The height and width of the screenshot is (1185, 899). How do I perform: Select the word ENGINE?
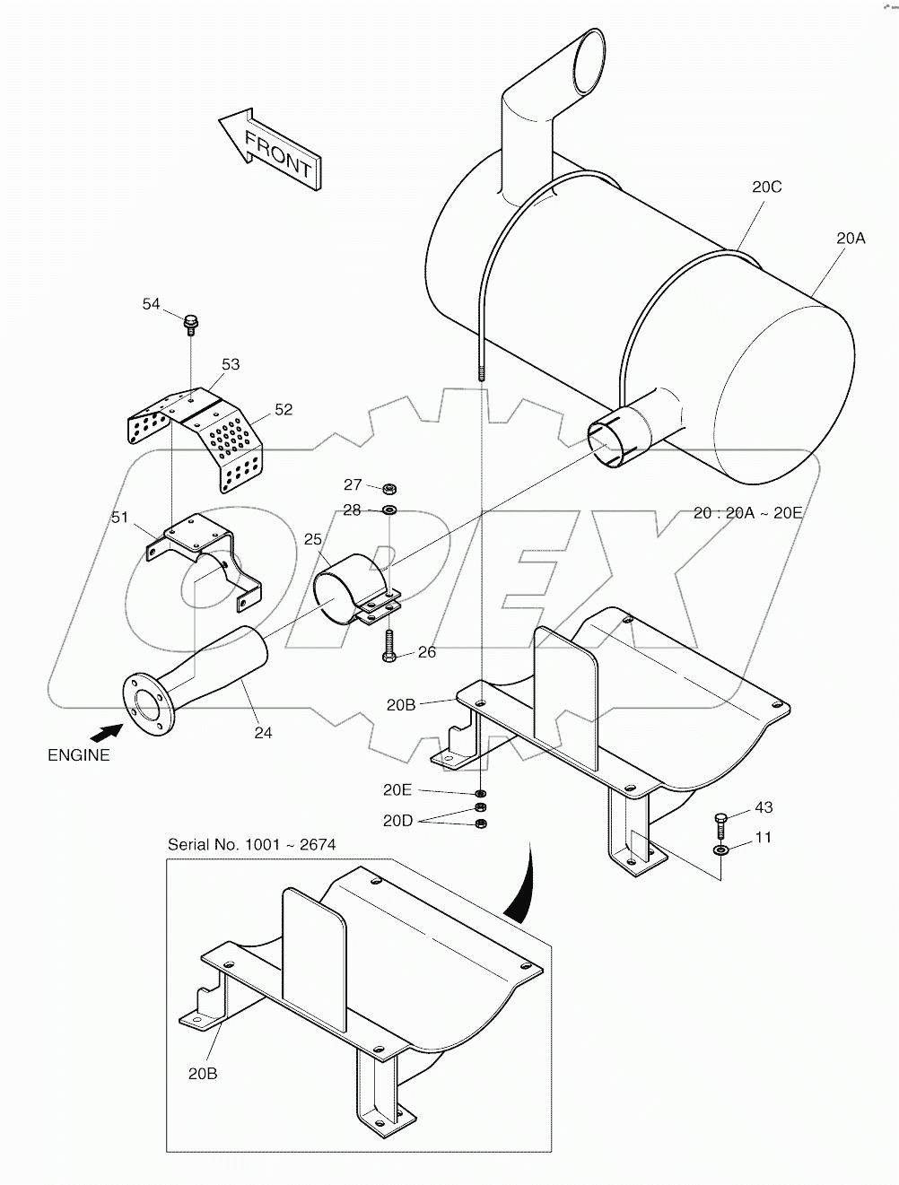(79, 755)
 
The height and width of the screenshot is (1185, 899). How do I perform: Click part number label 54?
(151, 304)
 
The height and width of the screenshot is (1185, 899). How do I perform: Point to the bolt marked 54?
(190, 322)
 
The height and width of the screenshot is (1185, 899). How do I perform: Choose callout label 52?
(284, 409)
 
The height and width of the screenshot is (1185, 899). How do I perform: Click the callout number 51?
(120, 518)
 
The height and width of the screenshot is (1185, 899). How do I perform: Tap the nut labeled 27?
(389, 489)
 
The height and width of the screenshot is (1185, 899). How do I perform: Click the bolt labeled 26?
(388, 646)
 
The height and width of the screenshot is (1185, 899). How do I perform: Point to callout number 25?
(312, 539)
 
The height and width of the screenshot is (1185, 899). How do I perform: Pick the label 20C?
(767, 187)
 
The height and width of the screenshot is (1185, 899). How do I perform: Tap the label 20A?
(851, 239)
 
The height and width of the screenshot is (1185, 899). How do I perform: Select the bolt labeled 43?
(721, 820)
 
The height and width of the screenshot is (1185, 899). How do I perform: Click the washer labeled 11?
(721, 850)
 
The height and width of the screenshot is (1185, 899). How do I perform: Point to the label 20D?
(397, 820)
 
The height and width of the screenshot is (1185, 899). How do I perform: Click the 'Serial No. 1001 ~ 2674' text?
(252, 845)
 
